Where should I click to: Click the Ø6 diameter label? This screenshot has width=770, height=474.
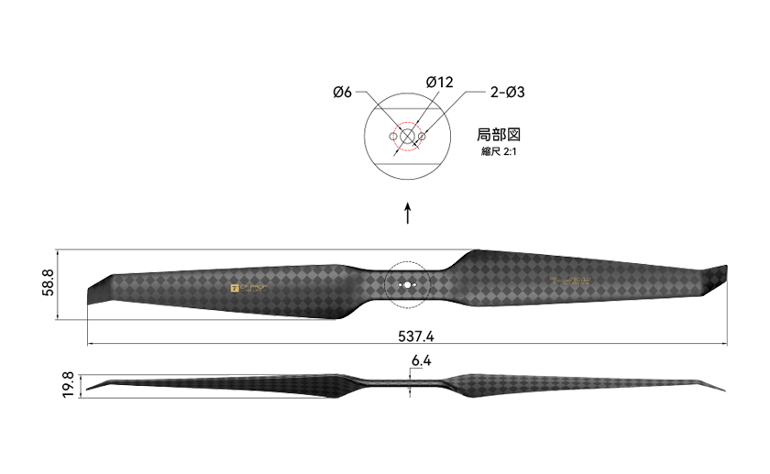coord(343,92)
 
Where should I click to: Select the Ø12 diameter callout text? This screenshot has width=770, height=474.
coord(440,83)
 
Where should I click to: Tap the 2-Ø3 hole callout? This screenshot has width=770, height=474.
coord(507,92)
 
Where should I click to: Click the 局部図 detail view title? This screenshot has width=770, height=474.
coord(500,134)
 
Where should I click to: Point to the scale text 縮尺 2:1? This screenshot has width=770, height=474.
coord(500,151)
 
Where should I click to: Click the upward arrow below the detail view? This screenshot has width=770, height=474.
coord(408,213)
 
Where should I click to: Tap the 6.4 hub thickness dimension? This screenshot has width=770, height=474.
coord(422,361)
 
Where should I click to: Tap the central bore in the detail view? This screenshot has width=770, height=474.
coord(407,137)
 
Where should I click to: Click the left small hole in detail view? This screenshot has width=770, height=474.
coord(392,137)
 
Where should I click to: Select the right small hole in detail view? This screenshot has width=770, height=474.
coord(422,137)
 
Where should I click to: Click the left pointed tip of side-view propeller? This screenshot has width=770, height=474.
coord(89,391)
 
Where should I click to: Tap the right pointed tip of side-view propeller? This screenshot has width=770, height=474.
coord(722,390)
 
